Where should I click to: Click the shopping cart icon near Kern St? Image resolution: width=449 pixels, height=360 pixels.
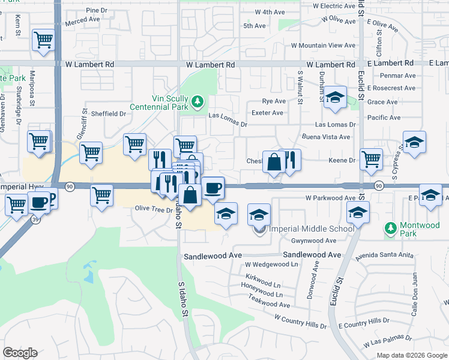coord(43,40)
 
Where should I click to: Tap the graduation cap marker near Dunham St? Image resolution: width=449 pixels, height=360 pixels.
coord(335,98)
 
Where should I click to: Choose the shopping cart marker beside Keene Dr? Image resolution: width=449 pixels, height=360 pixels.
coord(371,159)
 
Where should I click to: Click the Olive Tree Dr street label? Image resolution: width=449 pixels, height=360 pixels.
coord(154,208)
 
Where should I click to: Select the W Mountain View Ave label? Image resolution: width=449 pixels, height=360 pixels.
coord(324,46)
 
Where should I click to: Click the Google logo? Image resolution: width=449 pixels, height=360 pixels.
coord(20,353)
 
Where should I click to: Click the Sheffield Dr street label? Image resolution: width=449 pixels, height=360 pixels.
coord(108,113)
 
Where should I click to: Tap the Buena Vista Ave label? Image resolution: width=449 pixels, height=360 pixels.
coord(333,137)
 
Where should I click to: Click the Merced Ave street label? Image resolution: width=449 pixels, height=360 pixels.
coord(82,20)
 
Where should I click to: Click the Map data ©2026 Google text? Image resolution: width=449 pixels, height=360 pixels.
coord(411,355)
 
